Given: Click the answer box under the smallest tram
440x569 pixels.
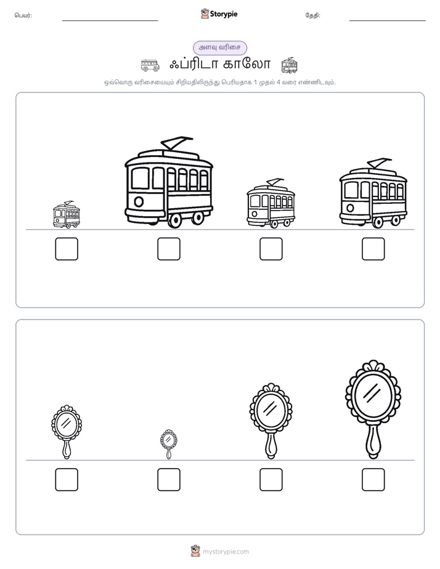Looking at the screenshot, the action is pyautogui.click(x=67, y=249).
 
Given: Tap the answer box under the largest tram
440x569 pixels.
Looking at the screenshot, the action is pyautogui.click(x=169, y=249).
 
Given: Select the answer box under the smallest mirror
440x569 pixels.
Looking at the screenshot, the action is pyautogui.click(x=169, y=479).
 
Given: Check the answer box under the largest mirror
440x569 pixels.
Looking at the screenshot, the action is pyautogui.click(x=373, y=479).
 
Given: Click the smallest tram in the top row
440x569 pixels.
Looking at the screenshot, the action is pyautogui.click(x=67, y=215).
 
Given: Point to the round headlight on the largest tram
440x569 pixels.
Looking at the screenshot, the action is pyautogui.click(x=139, y=201).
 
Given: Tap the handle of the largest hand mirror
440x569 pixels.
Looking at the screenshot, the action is pyautogui.click(x=373, y=442).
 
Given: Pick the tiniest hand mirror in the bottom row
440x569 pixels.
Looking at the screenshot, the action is pyautogui.click(x=169, y=444).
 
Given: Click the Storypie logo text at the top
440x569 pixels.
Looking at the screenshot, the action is pyautogui.click(x=224, y=14).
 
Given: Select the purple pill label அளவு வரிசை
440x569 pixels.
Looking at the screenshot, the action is pyautogui.click(x=220, y=48).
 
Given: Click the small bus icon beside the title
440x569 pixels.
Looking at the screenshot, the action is pyautogui.click(x=150, y=65).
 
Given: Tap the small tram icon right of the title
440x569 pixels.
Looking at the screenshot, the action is pyautogui.click(x=290, y=65).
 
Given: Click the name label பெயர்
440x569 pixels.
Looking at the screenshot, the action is pyautogui.click(x=23, y=15).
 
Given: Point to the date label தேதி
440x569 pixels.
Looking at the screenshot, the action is pyautogui.click(x=312, y=15).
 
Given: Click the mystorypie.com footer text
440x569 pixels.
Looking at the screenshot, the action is pyautogui.click(x=226, y=552).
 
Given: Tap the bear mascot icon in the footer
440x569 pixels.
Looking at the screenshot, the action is pyautogui.click(x=195, y=551).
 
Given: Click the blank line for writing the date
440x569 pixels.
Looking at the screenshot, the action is pyautogui.click(x=388, y=20).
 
